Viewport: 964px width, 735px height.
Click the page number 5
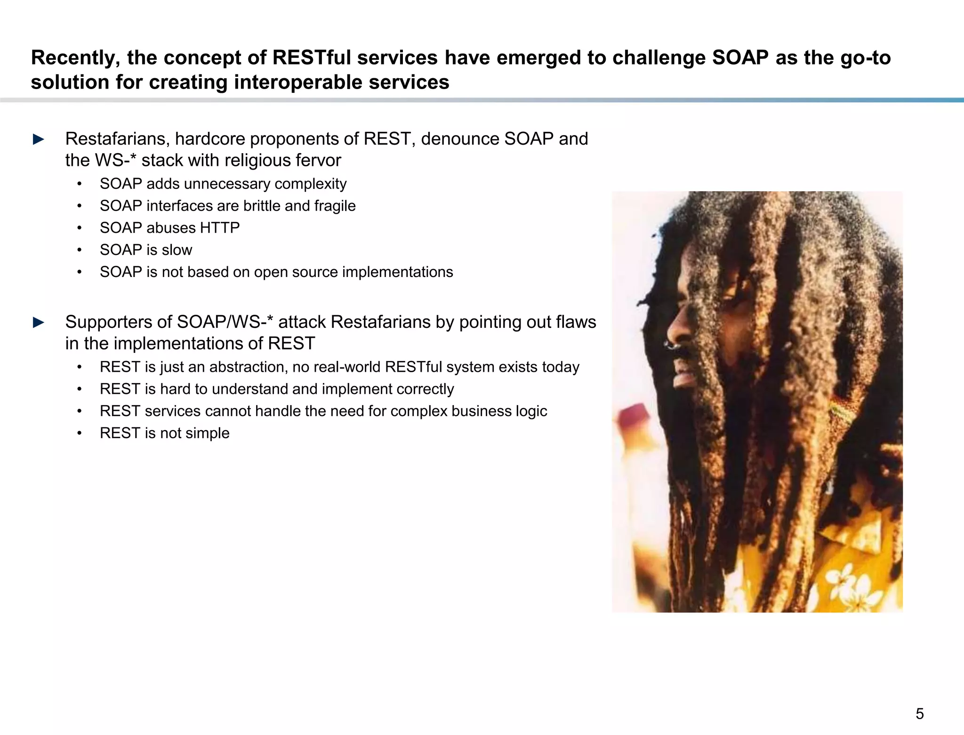(x=919, y=714)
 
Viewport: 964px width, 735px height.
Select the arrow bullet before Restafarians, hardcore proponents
(x=39, y=139)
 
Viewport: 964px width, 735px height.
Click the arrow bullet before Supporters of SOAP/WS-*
(x=39, y=323)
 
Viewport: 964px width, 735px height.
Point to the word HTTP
(x=220, y=228)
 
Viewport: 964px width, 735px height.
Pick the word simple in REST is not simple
(x=208, y=433)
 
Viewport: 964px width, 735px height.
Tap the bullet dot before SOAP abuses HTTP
(x=80, y=228)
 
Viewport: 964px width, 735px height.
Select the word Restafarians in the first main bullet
(x=117, y=139)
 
